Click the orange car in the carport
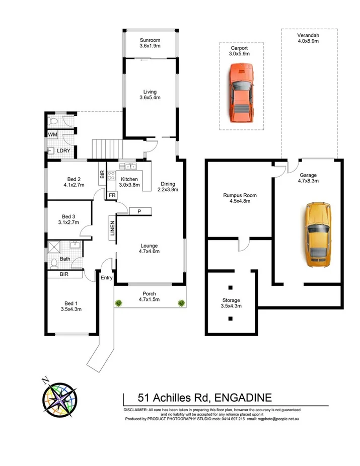point(241,93)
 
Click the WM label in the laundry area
point(52,134)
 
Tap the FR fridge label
point(112,195)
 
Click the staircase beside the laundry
point(107,149)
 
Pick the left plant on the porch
point(119,303)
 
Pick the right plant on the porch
point(181,303)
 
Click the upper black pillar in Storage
point(231,288)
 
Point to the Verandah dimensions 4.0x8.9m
point(309,42)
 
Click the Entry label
point(106,278)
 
